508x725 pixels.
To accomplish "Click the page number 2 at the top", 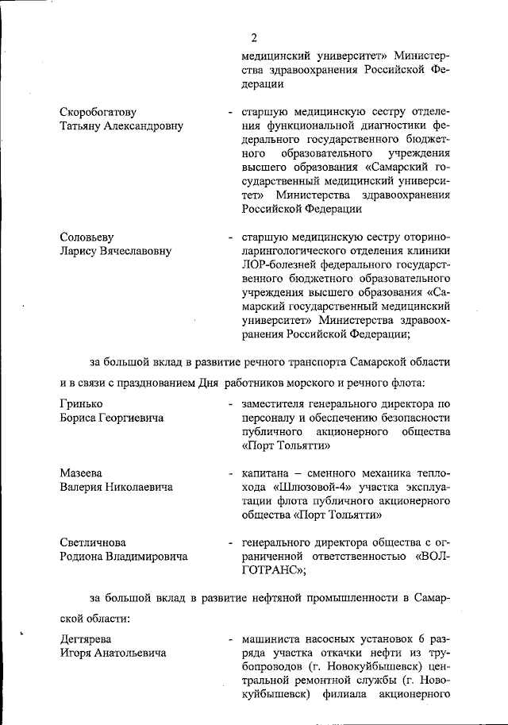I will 254,37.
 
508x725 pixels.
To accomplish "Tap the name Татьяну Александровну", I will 121,126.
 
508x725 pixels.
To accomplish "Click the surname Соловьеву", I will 87,237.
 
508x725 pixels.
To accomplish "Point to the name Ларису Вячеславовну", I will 115,252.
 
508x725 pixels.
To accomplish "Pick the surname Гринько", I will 82,404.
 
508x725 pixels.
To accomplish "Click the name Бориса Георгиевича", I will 112,418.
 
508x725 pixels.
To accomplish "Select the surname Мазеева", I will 82,473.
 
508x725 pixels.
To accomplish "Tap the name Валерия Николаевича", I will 116,488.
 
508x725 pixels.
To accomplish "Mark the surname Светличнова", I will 94,542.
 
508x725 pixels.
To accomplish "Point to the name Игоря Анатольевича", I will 113,654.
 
